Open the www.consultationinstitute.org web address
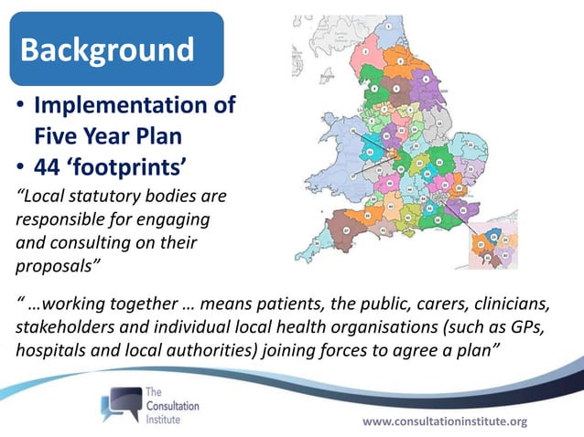446,421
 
